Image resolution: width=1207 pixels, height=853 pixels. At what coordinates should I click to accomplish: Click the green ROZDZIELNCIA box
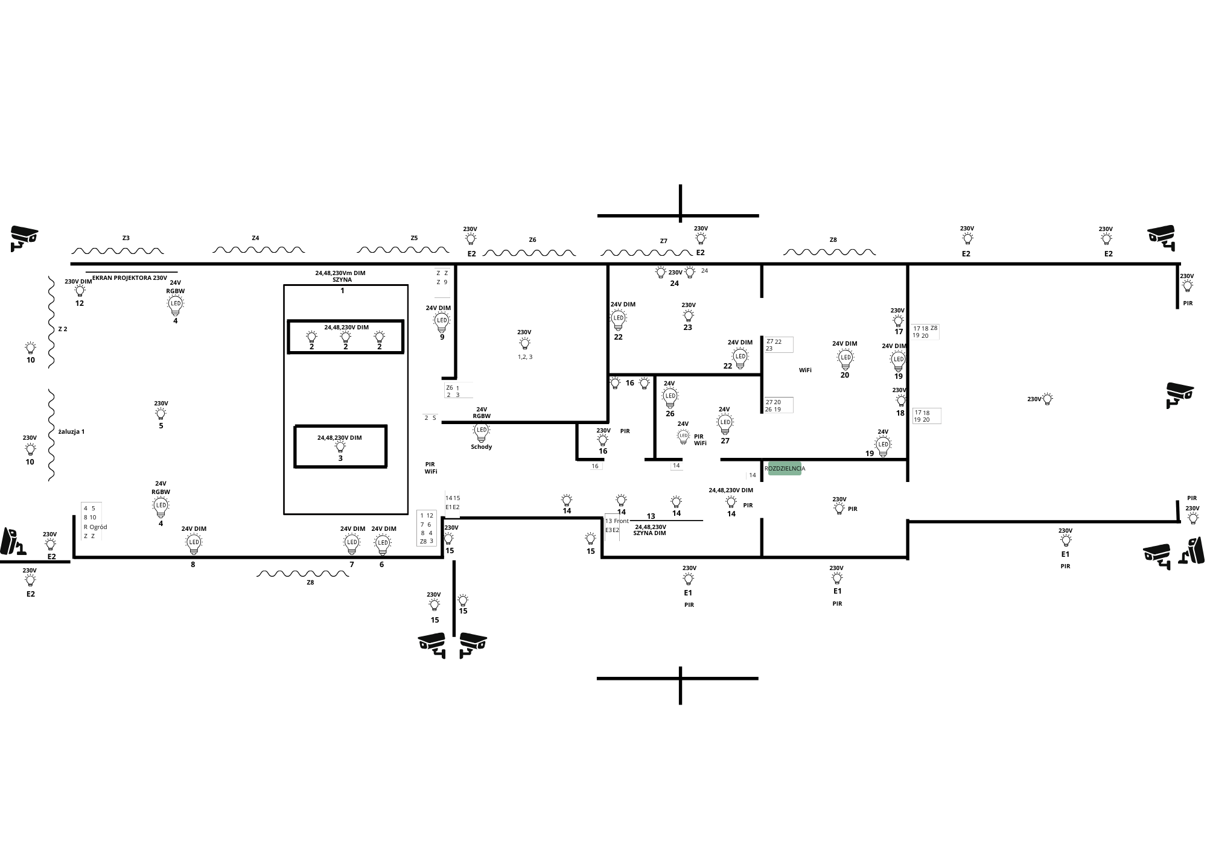point(785,468)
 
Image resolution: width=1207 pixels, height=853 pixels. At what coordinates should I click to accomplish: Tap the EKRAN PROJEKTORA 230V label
point(130,278)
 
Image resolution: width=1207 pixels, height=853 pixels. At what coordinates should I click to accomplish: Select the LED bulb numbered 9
point(442,322)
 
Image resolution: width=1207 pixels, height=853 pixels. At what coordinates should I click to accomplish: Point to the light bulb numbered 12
point(80,291)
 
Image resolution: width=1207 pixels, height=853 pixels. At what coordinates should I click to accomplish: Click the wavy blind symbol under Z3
point(118,250)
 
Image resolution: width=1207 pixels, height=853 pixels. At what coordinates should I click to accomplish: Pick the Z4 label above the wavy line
point(255,238)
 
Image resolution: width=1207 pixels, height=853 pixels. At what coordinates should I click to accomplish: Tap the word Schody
point(482,447)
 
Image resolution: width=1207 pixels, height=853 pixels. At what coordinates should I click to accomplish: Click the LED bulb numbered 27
point(725,423)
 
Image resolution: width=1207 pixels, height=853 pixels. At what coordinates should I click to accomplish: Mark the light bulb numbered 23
point(689,316)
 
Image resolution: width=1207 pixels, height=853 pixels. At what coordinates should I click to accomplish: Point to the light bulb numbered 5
point(161,413)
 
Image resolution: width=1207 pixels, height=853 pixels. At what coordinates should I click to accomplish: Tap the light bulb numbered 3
point(340,447)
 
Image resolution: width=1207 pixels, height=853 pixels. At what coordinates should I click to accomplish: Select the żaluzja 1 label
point(71,432)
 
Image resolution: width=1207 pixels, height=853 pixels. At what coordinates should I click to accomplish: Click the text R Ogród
point(95,527)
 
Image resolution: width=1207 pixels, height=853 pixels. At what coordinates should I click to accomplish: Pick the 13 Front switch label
point(617,521)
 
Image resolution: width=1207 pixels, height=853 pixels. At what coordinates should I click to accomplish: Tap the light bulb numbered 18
point(901,401)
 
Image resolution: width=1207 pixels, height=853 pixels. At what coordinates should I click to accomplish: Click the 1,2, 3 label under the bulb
point(525,357)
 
